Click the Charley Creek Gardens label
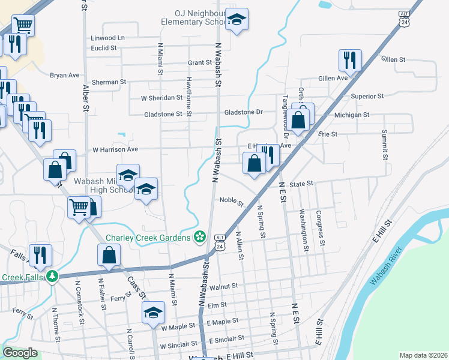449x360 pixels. coord(149,238)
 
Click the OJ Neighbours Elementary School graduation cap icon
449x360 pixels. coord(237,20)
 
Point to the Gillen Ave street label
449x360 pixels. coord(333,79)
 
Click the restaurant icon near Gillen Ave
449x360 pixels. coord(349,59)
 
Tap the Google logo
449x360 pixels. coord(20,353)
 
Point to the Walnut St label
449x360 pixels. coord(224,287)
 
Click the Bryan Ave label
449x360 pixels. coord(65,76)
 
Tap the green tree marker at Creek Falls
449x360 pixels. coord(53,276)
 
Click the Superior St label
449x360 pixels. coord(367,96)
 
